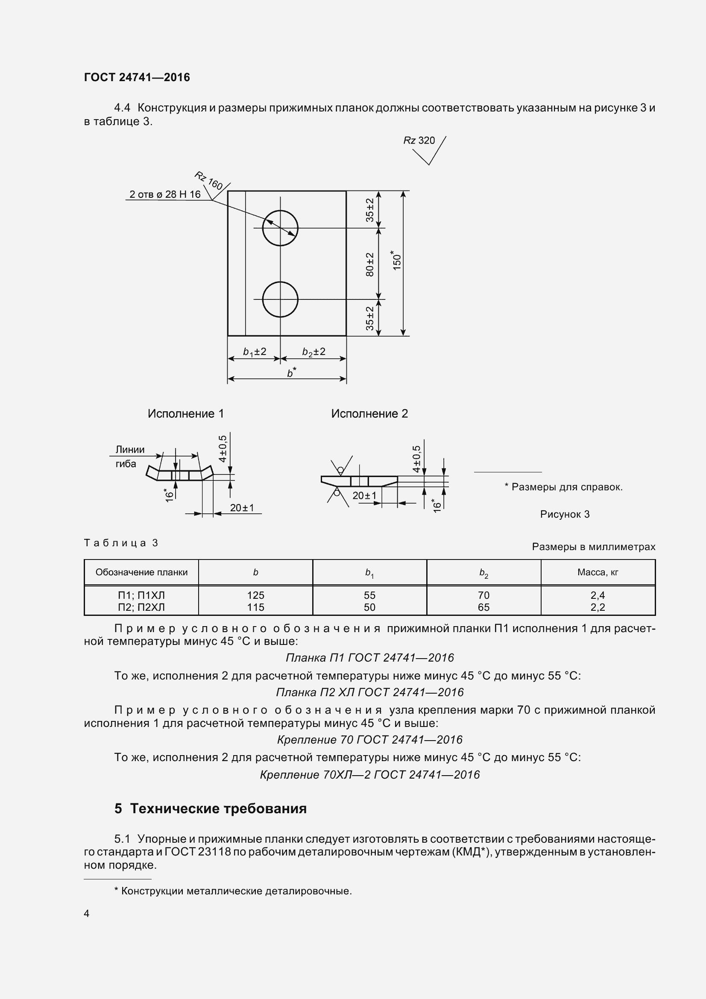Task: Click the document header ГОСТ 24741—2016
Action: (x=137, y=77)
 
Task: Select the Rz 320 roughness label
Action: (x=419, y=141)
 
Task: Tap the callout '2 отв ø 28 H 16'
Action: (x=165, y=194)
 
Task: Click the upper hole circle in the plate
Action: (x=280, y=228)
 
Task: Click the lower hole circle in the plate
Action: (x=280, y=299)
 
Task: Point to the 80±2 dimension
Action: (x=370, y=264)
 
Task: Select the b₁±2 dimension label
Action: (x=255, y=352)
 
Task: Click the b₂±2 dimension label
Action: (x=313, y=352)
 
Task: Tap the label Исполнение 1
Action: (x=186, y=413)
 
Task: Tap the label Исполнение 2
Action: (x=369, y=413)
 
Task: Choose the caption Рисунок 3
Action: (x=565, y=514)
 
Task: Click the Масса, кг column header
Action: (x=598, y=573)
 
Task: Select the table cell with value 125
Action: (x=256, y=595)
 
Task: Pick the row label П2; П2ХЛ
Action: (x=141, y=607)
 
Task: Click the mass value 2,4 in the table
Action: (x=598, y=595)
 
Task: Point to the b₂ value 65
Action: (x=484, y=607)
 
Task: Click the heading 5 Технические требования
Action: (x=211, y=809)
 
